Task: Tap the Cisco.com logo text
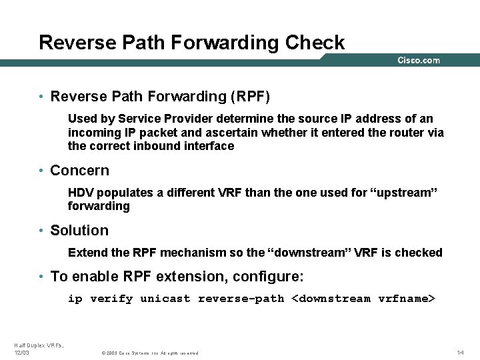coord(419,61)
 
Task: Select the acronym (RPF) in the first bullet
coord(250,97)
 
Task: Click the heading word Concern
coord(79,170)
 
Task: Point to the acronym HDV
coord(81,193)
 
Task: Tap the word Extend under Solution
coord(85,253)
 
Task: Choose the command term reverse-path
coord(241,299)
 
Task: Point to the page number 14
coord(460,352)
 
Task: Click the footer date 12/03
coord(21,352)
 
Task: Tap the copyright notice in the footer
coord(149,353)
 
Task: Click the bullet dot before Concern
coord(41,171)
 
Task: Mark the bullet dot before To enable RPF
coord(41,277)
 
